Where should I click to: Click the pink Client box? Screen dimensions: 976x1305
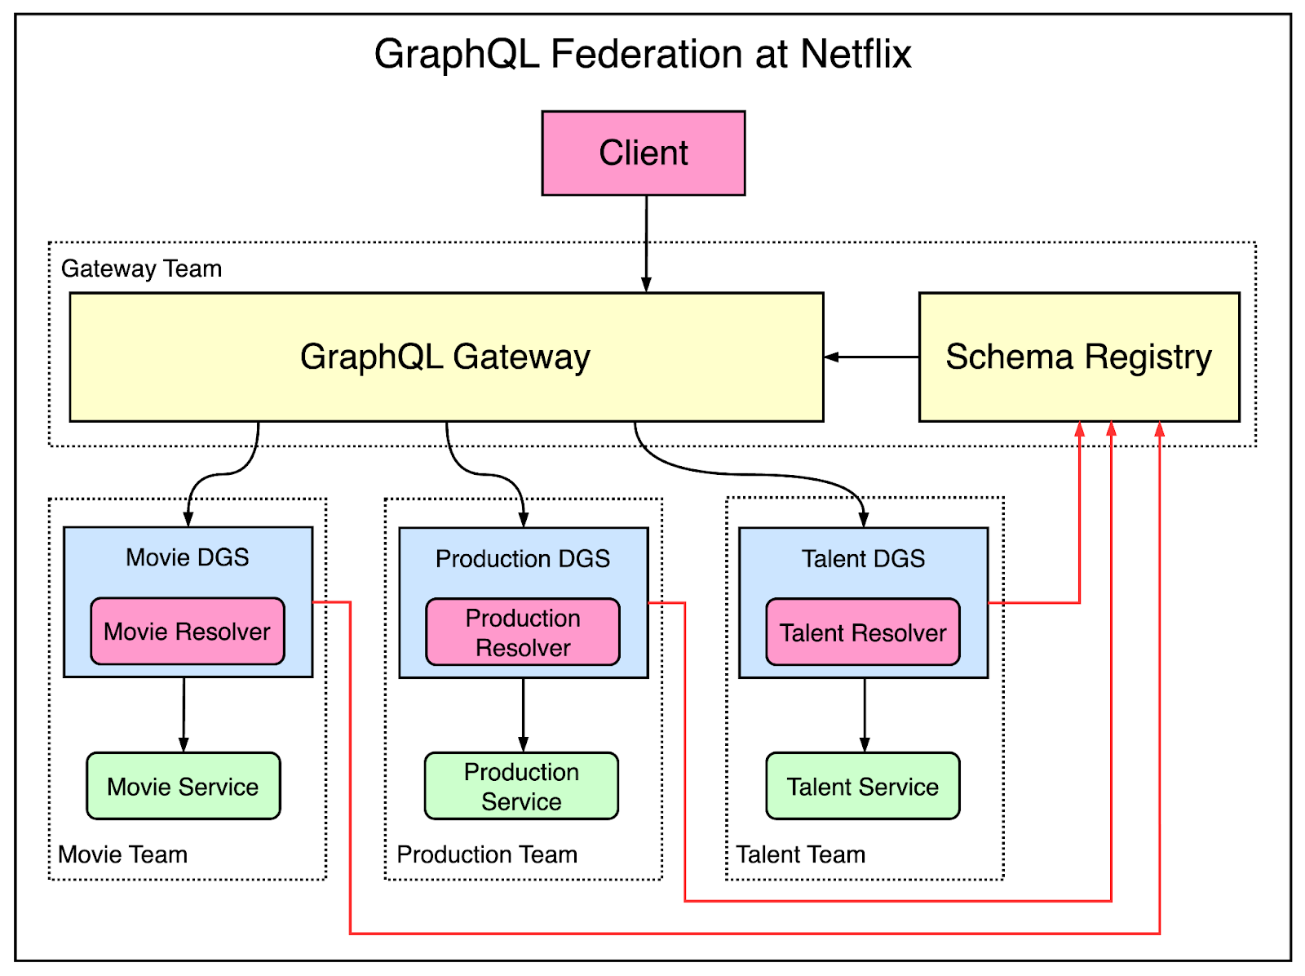643,153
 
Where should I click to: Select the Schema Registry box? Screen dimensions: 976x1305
1078,357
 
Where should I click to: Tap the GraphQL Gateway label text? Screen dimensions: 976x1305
445,357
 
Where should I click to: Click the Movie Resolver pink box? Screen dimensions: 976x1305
187,631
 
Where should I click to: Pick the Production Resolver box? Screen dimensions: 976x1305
522,632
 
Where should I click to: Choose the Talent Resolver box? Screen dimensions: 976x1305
862,632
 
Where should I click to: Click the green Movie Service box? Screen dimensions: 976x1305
183,786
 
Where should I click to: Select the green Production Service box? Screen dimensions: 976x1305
521,786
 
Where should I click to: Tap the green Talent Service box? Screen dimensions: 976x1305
862,786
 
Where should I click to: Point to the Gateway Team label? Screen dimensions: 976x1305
141,268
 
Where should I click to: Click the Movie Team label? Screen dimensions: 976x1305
122,854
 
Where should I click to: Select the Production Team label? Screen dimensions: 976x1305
487,854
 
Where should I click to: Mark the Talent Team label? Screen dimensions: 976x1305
800,854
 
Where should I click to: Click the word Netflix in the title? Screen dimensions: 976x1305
856,55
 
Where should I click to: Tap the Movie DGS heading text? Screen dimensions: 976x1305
187,557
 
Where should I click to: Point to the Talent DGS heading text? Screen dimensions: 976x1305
863,559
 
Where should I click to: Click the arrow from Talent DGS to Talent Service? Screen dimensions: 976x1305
865,714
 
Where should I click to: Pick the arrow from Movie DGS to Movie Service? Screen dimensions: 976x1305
184,714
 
